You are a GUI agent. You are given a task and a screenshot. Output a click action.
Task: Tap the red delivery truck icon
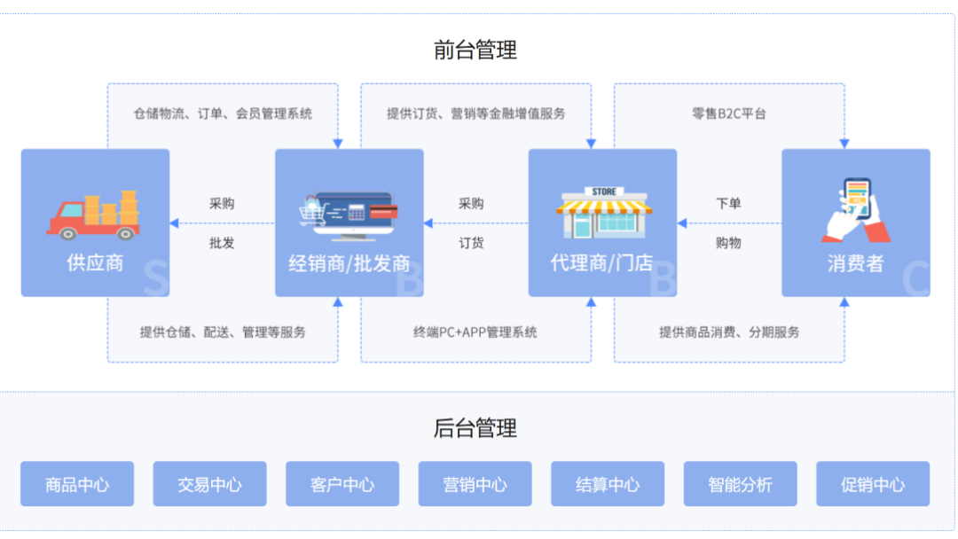coord(93,215)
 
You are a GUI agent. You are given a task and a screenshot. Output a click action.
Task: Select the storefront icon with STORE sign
coord(603,213)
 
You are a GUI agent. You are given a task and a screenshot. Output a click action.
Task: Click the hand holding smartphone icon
coord(856,211)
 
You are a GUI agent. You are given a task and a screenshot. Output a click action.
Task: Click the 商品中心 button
coord(77,484)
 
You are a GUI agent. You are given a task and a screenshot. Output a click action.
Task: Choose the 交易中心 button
coord(209,484)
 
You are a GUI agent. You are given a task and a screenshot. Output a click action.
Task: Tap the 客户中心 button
coord(342,484)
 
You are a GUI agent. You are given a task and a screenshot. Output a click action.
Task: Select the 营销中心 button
coord(475,484)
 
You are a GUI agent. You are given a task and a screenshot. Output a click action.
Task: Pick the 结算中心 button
coord(608,484)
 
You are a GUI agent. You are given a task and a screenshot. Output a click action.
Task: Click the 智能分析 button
coord(740,484)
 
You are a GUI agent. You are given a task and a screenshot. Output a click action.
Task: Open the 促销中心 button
coord(873,484)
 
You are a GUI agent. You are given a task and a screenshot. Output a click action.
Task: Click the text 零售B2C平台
coord(729,113)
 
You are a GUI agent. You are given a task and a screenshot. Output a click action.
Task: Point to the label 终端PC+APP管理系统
coord(475,332)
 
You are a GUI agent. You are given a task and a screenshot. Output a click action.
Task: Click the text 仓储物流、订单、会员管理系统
coord(223,113)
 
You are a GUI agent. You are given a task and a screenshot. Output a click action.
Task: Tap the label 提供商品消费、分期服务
coord(729,332)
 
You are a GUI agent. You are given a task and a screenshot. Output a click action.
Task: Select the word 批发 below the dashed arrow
coord(222,243)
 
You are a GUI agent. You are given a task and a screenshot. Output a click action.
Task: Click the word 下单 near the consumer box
coord(728,203)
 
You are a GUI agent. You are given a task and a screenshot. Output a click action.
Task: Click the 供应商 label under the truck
coord(95,263)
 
